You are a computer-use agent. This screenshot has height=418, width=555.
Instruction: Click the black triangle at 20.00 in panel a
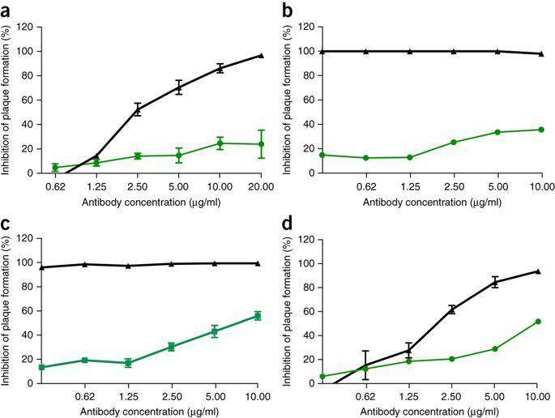click(x=261, y=55)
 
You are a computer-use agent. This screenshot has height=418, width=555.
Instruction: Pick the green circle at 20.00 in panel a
click(x=261, y=144)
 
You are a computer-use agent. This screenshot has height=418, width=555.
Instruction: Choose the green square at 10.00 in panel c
click(x=258, y=316)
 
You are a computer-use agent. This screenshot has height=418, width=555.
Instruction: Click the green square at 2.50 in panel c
click(x=171, y=347)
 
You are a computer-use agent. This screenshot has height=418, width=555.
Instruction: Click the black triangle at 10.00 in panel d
click(x=538, y=271)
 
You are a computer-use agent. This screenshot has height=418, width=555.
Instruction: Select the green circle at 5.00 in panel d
click(x=494, y=349)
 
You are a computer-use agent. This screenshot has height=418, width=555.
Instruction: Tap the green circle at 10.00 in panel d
click(x=538, y=322)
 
